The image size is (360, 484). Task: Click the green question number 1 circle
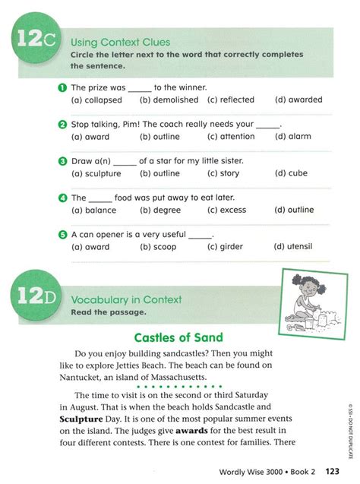pyautogui.click(x=63, y=88)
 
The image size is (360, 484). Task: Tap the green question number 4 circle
pyautogui.click(x=63, y=198)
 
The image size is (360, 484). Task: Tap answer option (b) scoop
pyautogui.click(x=160, y=246)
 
